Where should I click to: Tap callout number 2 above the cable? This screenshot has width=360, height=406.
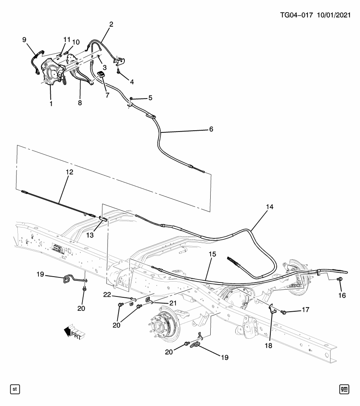pyautogui.click(x=111, y=25)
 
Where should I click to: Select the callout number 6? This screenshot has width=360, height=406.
pyautogui.click(x=211, y=129)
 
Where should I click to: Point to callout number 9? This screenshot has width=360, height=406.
pyautogui.click(x=25, y=40)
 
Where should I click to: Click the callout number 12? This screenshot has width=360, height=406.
pyautogui.click(x=69, y=172)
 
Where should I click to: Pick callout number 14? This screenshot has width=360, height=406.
pyautogui.click(x=269, y=207)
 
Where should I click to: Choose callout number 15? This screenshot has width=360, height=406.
pyautogui.click(x=212, y=254)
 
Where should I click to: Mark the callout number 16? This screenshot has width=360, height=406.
pyautogui.click(x=342, y=295)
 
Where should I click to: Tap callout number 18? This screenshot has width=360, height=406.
pyautogui.click(x=269, y=345)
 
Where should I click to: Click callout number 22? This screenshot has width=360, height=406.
pyautogui.click(x=107, y=295)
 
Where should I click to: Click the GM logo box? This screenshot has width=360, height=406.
pyautogui.click(x=345, y=388)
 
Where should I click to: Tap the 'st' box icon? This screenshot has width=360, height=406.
pyautogui.click(x=15, y=388)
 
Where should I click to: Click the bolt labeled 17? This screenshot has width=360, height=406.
pyautogui.click(x=284, y=312)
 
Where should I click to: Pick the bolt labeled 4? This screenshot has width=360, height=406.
pyautogui.click(x=119, y=71)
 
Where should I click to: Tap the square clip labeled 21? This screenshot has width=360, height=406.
pyautogui.click(x=149, y=300)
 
